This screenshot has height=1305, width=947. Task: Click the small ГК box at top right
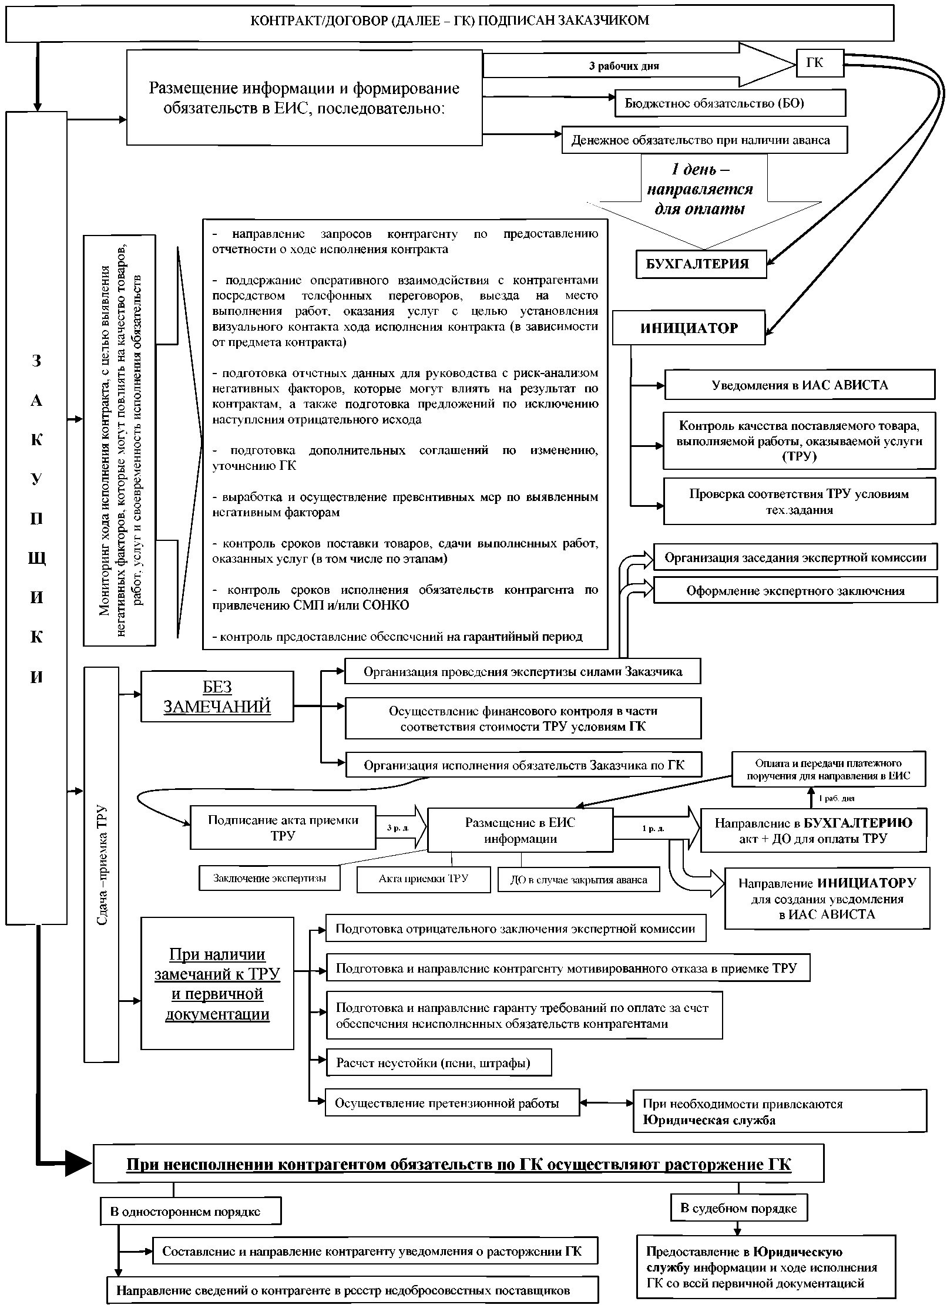[820, 63]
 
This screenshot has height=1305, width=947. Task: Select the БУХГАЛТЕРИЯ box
[701, 264]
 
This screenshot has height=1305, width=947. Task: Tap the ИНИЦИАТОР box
[689, 328]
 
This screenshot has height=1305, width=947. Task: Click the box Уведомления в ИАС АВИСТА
[799, 385]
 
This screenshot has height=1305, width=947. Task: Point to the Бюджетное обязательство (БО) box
[730, 103]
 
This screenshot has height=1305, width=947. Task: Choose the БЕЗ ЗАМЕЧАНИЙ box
[217, 697]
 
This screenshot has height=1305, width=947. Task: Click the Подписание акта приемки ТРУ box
[283, 828]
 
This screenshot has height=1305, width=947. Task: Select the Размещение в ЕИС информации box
[520, 830]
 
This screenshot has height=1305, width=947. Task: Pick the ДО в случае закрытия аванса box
[579, 880]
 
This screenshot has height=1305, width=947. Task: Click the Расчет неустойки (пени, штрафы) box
[438, 1063]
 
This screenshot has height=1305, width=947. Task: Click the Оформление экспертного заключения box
[795, 591]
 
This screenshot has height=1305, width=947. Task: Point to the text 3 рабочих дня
[624, 66]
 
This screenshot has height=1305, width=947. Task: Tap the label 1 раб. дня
[837, 798]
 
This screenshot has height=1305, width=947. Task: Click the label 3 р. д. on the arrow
[398, 828]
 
